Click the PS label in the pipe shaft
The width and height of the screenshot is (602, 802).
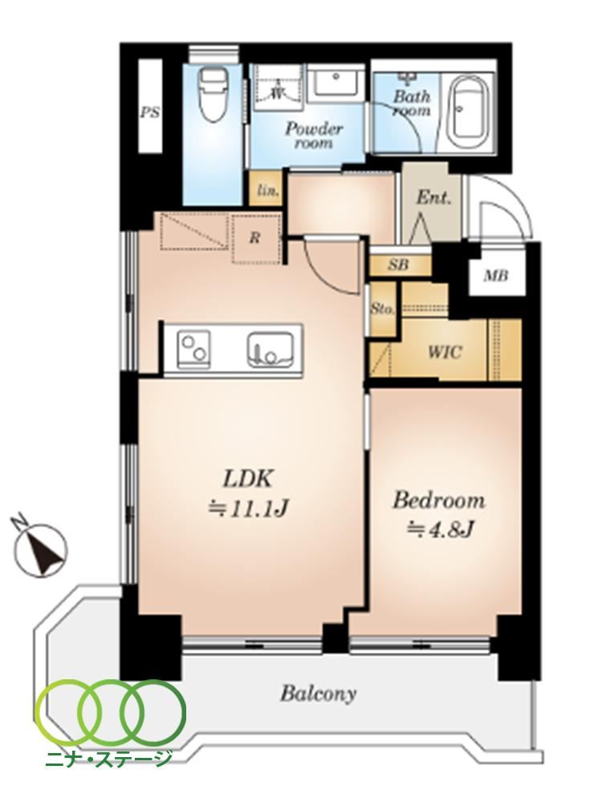pyautogui.click(x=149, y=112)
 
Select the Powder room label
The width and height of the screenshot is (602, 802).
pyautogui.click(x=313, y=135)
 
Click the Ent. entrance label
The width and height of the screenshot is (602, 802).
pyautogui.click(x=433, y=197)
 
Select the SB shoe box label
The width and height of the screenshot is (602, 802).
pyautogui.click(x=398, y=265)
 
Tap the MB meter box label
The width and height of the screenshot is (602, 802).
pyautogui.click(x=496, y=276)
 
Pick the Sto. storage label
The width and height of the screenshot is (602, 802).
pyautogui.click(x=382, y=310)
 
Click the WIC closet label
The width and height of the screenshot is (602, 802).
pyautogui.click(x=445, y=352)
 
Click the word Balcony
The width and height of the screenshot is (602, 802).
pyautogui.click(x=318, y=694)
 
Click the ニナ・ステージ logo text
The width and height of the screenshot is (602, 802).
pyautogui.click(x=108, y=758)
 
